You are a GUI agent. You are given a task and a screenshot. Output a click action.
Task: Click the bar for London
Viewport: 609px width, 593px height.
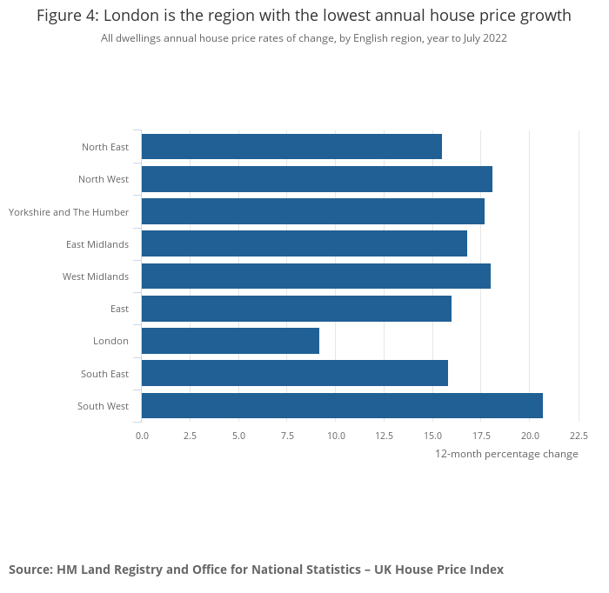pos(231,341)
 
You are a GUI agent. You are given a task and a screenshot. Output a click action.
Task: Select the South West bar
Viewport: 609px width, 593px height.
pos(342,406)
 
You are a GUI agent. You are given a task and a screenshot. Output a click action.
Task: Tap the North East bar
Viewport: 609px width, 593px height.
pos(291,147)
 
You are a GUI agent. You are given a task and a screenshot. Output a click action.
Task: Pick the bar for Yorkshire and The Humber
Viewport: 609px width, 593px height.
pos(313,211)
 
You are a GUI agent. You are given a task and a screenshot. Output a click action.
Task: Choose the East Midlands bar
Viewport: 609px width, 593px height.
pos(304,243)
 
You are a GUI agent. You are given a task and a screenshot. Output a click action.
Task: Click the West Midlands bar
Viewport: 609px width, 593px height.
pos(316,277)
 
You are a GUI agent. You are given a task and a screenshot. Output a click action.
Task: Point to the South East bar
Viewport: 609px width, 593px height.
pos(295,374)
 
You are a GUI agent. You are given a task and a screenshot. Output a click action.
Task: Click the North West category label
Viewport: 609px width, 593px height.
pos(104,179)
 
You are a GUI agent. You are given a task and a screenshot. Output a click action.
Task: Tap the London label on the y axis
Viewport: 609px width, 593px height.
pos(110,341)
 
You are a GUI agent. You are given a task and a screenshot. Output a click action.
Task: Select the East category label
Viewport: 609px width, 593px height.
pos(119,309)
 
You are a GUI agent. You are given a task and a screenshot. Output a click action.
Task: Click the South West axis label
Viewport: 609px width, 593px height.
pos(103,406)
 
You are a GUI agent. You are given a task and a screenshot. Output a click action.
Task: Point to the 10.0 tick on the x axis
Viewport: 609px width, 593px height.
pos(336,436)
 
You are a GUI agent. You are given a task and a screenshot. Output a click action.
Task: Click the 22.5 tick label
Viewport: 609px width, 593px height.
pos(579,436)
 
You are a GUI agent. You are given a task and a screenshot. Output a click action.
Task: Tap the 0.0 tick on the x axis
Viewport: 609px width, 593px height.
pos(142,436)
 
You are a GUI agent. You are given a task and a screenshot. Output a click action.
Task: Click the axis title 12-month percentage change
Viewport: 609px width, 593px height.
pos(506,454)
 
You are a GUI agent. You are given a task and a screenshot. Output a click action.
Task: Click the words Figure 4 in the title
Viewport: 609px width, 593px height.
pos(67,16)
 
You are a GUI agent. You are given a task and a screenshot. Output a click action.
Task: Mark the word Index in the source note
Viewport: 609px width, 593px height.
pos(485,570)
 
